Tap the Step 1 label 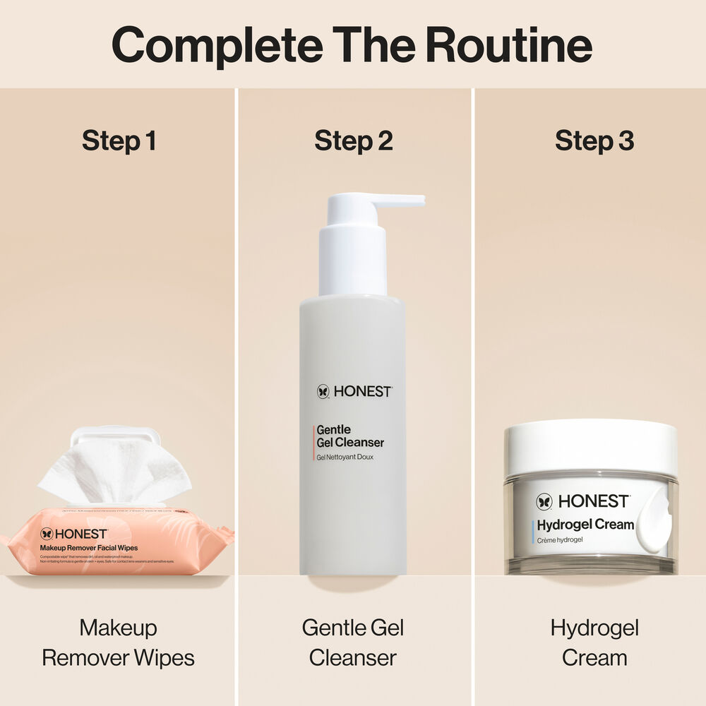[119, 140]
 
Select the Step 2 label [353, 140]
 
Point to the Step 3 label [594, 140]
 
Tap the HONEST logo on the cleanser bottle [354, 391]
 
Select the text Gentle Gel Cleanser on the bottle [350, 436]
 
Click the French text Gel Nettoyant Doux [345, 457]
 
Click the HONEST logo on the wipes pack [74, 534]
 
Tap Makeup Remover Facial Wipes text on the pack [88, 548]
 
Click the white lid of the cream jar [590, 445]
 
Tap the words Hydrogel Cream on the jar [585, 525]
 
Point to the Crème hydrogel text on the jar [560, 540]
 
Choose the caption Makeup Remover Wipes [118, 642]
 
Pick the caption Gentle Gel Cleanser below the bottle [353, 642]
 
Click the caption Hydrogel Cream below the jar [594, 642]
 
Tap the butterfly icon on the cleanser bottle [323, 391]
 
